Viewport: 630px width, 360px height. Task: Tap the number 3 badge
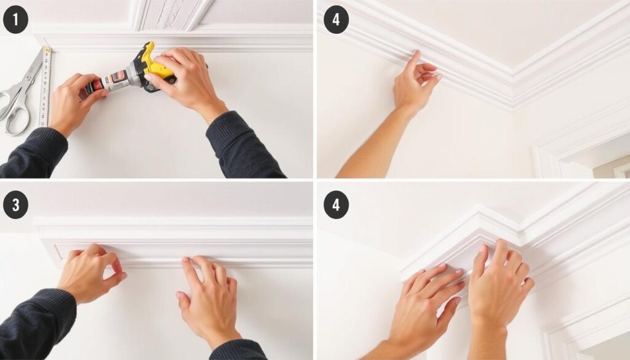point(15,206)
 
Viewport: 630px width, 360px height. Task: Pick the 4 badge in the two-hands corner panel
point(336,206)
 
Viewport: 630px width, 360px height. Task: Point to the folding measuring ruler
point(45,86)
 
